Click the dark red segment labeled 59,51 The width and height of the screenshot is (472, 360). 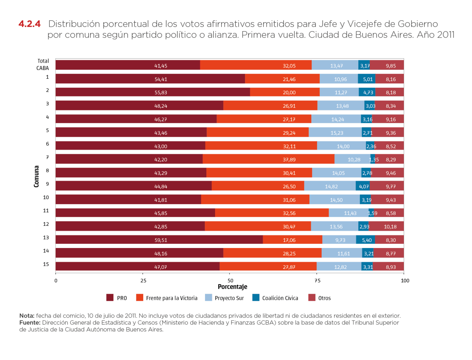click(x=159, y=240)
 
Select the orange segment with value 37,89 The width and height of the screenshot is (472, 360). click(x=269, y=160)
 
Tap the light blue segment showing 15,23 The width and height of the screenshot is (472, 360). click(x=335, y=133)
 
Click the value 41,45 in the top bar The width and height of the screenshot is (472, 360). click(x=161, y=66)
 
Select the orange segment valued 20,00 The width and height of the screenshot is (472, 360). click(x=285, y=92)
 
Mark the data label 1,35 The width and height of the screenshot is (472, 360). click(x=373, y=160)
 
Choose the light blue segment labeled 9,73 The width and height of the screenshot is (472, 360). click(x=339, y=240)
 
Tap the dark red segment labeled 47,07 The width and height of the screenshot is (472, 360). click(x=137, y=267)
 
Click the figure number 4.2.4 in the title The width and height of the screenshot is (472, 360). click(x=30, y=24)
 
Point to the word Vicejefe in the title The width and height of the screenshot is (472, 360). click(x=364, y=24)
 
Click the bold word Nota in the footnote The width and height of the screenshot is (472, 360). click(x=26, y=316)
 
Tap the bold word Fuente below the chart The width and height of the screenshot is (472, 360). click(x=29, y=322)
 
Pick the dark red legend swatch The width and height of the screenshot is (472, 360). click(x=110, y=298)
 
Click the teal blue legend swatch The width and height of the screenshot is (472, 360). click(x=256, y=298)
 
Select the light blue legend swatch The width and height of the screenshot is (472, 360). click(x=208, y=298)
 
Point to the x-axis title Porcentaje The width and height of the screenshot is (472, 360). click(x=233, y=287)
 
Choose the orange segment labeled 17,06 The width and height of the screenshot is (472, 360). click(x=292, y=240)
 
